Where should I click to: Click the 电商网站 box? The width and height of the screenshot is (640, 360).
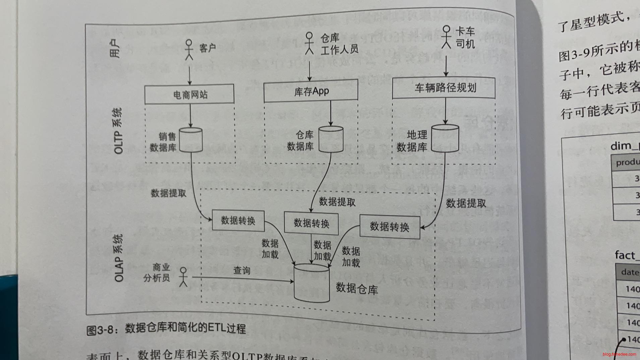click(x=189, y=94)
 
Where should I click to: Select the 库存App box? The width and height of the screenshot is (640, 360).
click(x=311, y=91)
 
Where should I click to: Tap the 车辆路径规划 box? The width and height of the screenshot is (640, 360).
click(x=444, y=88)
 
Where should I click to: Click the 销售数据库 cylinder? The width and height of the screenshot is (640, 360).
click(x=191, y=140)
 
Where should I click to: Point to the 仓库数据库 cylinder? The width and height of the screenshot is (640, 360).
click(x=330, y=139)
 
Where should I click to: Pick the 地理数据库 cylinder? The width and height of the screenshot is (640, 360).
click(x=445, y=138)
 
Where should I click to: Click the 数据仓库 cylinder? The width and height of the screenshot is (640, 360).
click(x=311, y=283)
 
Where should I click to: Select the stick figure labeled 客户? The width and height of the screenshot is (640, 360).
click(x=189, y=50)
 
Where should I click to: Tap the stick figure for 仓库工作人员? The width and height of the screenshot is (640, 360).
click(x=309, y=43)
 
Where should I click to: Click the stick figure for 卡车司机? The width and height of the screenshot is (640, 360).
click(x=446, y=37)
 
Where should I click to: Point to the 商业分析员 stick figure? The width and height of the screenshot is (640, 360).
click(x=183, y=277)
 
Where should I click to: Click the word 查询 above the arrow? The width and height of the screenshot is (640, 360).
click(x=242, y=270)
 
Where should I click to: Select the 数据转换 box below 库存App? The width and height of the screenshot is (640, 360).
click(x=311, y=223)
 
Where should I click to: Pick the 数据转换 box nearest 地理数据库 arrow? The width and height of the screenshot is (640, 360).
click(x=390, y=227)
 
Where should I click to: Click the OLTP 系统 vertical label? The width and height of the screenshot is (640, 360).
click(x=118, y=131)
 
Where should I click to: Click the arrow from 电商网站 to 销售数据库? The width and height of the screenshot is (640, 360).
click(x=190, y=115)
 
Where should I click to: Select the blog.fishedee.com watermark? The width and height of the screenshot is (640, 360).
click(x=619, y=354)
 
